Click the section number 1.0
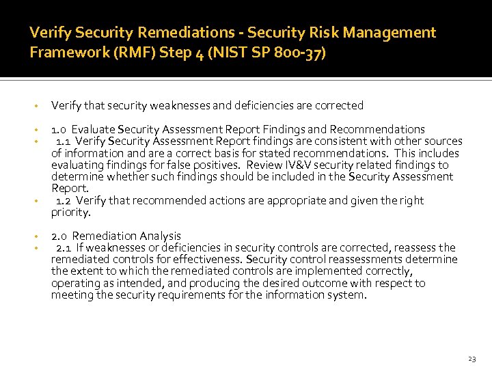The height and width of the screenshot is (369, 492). [x=59, y=129]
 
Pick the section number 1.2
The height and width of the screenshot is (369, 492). [x=64, y=200]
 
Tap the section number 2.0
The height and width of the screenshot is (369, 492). [x=59, y=236]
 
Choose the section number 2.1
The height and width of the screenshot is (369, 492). [x=64, y=247]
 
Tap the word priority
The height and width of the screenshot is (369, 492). [x=70, y=212]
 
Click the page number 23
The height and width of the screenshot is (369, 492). [x=471, y=359]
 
